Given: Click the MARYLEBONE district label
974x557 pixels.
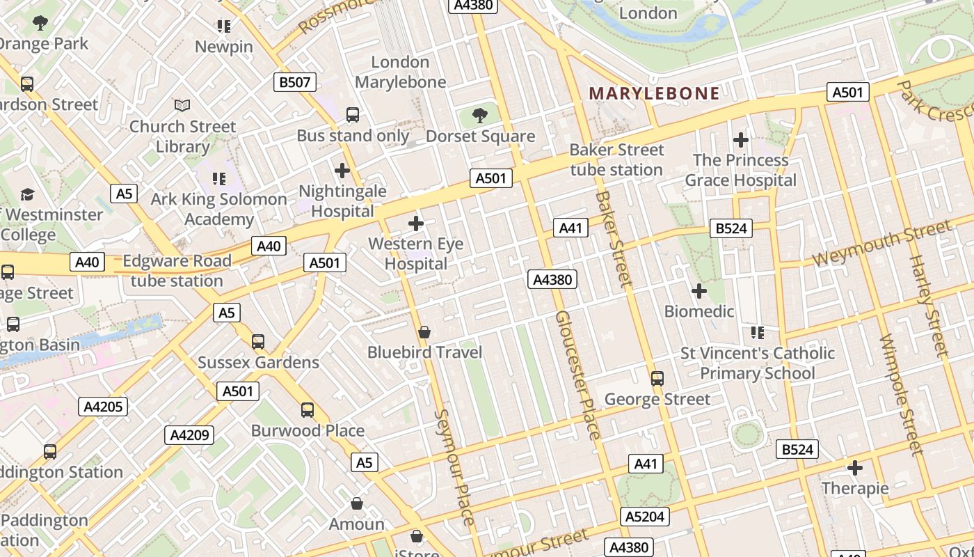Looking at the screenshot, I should coord(654,93).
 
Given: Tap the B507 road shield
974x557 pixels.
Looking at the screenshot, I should coord(294,82).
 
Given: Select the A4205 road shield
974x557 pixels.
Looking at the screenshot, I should coord(104,407).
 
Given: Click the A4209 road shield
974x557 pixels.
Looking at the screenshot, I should coord(190,435).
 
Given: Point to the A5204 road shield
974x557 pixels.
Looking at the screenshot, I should coord(645,517).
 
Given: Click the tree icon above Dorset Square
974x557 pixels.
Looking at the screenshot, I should coord(479,116).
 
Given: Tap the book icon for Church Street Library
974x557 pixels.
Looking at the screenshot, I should coord(182,106).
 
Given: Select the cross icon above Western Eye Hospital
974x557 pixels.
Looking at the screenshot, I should coord(416,223).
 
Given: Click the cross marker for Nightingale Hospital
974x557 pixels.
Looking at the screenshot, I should coord(342,171).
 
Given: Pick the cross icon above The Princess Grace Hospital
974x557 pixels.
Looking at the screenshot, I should coord(741,140).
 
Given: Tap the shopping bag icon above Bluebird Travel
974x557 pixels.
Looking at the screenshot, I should coord(424,332).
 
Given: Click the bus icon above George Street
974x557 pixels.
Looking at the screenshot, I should coord(657,379).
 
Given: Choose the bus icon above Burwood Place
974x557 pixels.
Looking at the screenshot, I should coord(308,410).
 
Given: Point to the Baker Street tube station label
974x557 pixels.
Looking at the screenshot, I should coord(616,159).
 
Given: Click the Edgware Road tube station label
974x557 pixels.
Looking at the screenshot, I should coord(177,271).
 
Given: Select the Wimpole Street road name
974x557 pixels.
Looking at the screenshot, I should coord(902,395).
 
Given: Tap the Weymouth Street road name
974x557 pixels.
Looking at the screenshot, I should coord(881,242).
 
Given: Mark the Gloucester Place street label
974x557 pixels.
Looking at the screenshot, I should coord(577,375).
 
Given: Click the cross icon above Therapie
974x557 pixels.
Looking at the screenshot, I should coord(855,468).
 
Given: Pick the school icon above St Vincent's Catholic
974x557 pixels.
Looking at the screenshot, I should coord(757,333).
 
